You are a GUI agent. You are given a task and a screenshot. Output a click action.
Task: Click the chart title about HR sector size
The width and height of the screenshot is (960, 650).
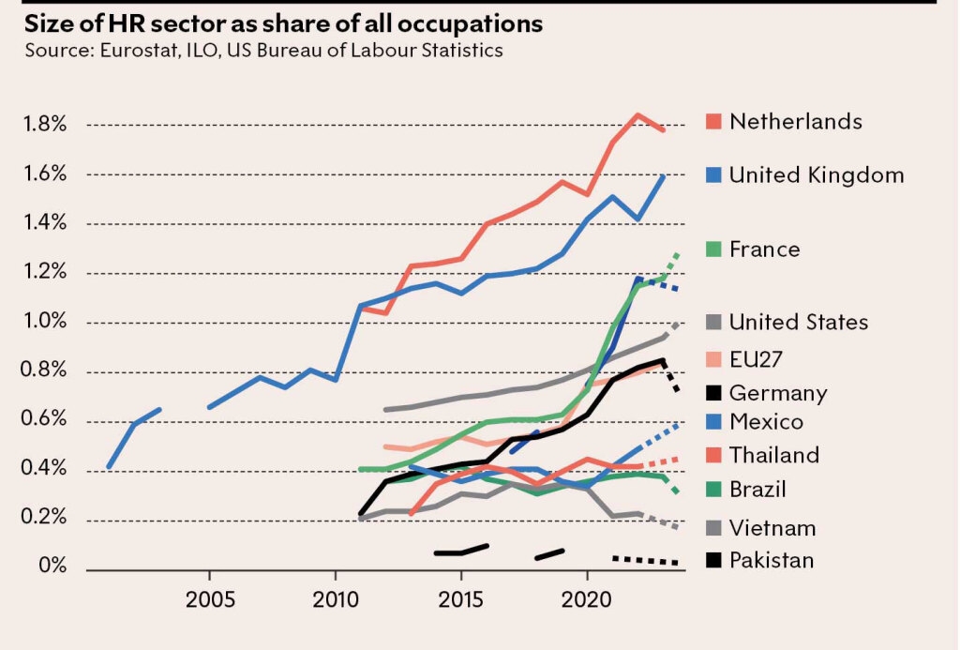pyautogui.click(x=284, y=23)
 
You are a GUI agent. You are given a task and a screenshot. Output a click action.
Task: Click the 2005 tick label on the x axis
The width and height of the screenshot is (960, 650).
pyautogui.click(x=210, y=598)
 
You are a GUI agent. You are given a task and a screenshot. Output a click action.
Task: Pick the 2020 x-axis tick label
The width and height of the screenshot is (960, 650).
pyautogui.click(x=588, y=598)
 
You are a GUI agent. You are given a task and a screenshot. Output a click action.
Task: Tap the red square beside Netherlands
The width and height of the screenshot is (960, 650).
pyautogui.click(x=712, y=122)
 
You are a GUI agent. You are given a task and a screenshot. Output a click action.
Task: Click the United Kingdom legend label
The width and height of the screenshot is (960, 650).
pyautogui.click(x=817, y=174)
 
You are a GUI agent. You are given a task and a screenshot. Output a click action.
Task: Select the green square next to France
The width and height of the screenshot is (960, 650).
pyautogui.click(x=712, y=249)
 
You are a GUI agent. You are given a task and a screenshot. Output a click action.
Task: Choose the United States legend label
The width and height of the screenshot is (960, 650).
pyautogui.click(x=799, y=322)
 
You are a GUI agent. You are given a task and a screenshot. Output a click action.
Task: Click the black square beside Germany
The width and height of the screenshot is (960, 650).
pyautogui.click(x=712, y=393)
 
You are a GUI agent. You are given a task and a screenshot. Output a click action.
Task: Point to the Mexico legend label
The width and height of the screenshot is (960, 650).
pyautogui.click(x=766, y=422)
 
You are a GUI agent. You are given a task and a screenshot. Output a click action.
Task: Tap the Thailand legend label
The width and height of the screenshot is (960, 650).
pyautogui.click(x=774, y=455)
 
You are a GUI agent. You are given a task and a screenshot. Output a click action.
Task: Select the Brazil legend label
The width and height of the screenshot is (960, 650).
pyautogui.click(x=757, y=489)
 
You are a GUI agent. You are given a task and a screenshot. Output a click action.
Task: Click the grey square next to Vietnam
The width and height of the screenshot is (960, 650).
pyautogui.click(x=712, y=528)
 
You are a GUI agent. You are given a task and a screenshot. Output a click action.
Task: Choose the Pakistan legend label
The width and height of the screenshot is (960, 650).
pyautogui.click(x=772, y=561)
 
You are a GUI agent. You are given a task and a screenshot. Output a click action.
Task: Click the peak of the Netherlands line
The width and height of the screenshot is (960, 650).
pyautogui.click(x=637, y=115)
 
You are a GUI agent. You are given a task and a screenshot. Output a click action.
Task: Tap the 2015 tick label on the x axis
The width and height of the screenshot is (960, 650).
pyautogui.click(x=461, y=598)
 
